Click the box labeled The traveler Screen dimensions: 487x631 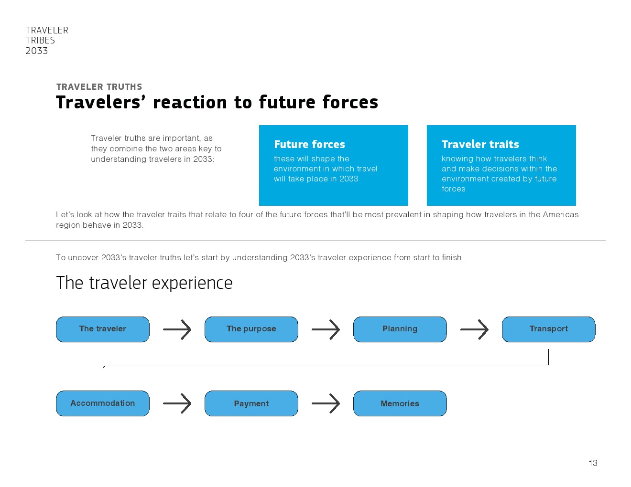click(103, 329)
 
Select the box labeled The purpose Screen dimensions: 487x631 click(251, 329)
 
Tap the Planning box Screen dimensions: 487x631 click(400, 329)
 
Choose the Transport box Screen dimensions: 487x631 click(548, 329)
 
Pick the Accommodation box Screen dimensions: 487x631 click(103, 403)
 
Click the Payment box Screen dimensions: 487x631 click(251, 403)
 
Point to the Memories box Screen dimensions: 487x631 click(400, 403)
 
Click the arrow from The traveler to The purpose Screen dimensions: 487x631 click(177, 329)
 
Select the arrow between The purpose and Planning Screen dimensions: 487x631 click(326, 329)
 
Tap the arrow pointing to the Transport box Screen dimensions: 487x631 click(474, 329)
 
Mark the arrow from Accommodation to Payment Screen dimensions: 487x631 click(177, 403)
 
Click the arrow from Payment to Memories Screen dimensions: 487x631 click(326, 403)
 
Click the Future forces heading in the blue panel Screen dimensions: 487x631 click(309, 144)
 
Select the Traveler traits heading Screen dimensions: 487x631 click(480, 144)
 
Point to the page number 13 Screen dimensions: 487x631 click(593, 463)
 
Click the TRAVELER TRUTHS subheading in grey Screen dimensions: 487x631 click(99, 86)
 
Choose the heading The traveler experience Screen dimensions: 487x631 click(144, 283)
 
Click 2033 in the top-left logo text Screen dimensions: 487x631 click(37, 51)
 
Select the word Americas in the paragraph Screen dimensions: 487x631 click(560, 214)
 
